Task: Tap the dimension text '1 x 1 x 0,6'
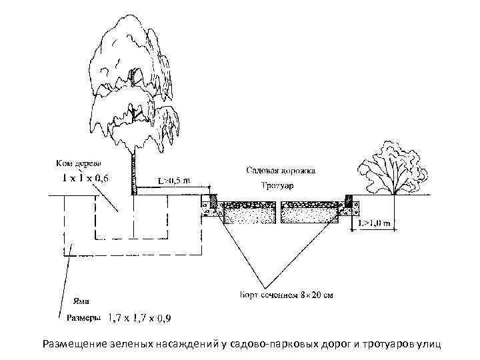click(84, 179)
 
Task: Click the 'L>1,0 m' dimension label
click(374, 222)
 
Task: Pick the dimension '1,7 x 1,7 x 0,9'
click(140, 319)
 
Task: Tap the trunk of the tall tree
click(135, 170)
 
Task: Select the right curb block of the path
click(348, 201)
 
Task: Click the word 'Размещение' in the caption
click(75, 345)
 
